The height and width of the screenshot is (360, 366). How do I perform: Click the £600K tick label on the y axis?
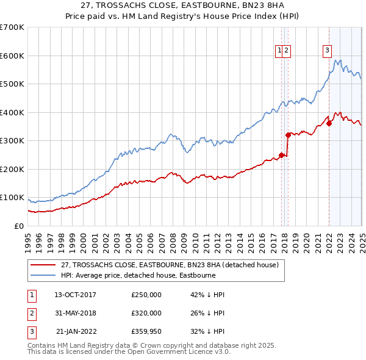point(12,56)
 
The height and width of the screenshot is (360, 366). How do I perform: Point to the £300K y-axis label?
point(12,141)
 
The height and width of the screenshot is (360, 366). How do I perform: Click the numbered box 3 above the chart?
point(327,51)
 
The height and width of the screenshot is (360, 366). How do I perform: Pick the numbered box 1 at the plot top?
point(279,51)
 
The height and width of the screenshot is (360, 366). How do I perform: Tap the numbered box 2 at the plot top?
point(286,51)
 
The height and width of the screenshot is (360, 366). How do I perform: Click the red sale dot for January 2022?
point(329,123)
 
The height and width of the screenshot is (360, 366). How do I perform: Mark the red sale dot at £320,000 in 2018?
point(288,135)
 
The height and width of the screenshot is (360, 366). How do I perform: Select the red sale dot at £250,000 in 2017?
point(281,154)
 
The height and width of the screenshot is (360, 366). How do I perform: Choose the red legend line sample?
point(43,265)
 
